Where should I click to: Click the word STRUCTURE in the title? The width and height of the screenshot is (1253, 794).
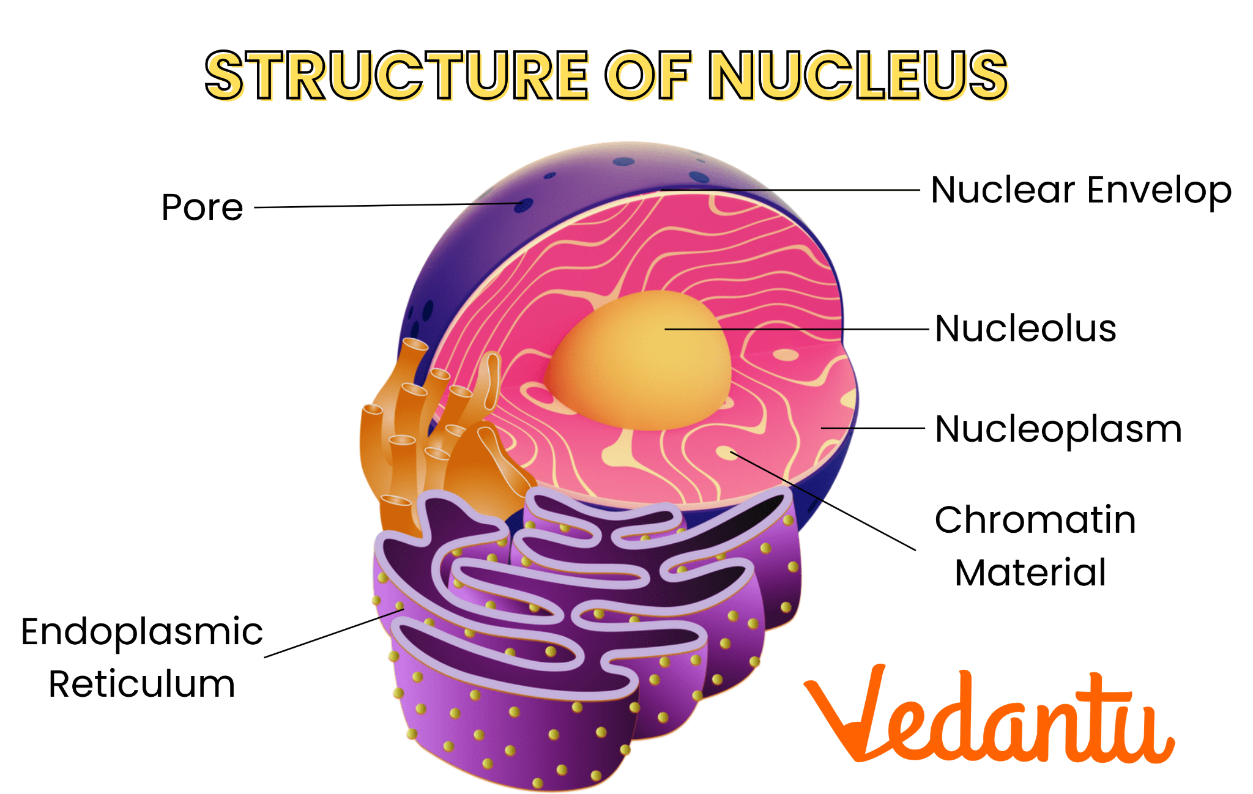click(x=396, y=75)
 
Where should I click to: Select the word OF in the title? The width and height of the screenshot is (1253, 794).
click(x=649, y=75)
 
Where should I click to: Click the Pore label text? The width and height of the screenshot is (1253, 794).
click(x=203, y=207)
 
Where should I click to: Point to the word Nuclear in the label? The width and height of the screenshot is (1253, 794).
click(x=1003, y=190)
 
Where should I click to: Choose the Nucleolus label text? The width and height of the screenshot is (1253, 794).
click(x=1026, y=328)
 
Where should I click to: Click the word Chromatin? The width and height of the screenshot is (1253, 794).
click(x=1035, y=520)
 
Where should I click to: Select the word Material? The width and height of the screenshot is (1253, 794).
click(x=1031, y=573)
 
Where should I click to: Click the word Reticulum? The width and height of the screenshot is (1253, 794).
click(x=142, y=684)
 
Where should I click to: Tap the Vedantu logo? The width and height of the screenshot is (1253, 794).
click(x=989, y=714)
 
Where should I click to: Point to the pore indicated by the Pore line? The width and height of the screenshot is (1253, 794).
click(x=523, y=205)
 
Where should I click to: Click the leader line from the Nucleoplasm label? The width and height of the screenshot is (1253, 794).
click(x=872, y=428)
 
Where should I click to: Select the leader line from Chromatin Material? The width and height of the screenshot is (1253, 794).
click(x=823, y=501)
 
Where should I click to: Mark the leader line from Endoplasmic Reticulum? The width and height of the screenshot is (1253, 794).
click(x=334, y=633)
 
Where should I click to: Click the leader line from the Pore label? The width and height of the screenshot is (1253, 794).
click(x=388, y=206)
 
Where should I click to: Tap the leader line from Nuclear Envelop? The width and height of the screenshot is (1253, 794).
click(x=789, y=190)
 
